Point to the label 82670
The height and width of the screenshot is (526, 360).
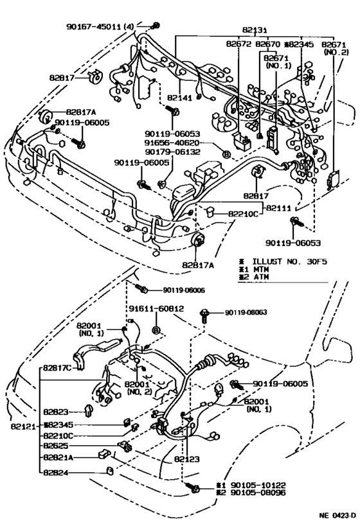267,44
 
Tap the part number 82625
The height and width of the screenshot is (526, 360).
59,446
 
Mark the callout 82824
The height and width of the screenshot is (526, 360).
59,474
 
